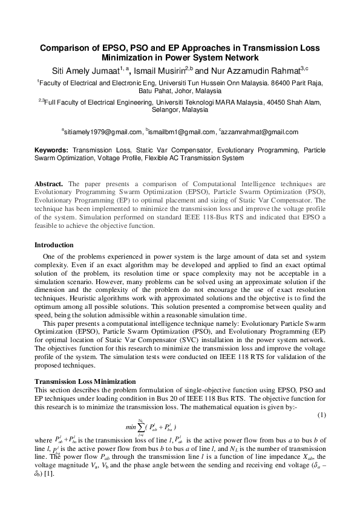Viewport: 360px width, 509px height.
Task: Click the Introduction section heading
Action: [x=54, y=245]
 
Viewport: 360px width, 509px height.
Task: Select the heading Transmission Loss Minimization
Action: [x=85, y=381]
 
